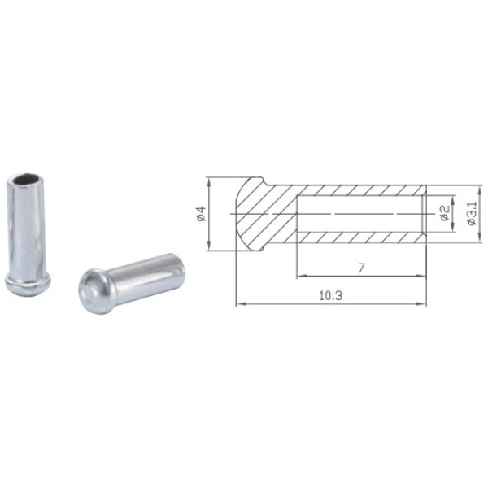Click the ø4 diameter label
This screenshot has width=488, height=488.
pyautogui.click(x=202, y=213)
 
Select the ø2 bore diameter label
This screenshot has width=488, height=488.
pyautogui.click(x=445, y=213)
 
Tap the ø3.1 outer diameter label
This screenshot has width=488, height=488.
pyautogui.click(x=472, y=213)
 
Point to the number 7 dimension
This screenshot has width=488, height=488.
pyautogui.click(x=361, y=268)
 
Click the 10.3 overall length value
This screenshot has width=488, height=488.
pyautogui.click(x=331, y=295)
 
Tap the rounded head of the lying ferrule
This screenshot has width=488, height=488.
pyautogui.click(x=94, y=291)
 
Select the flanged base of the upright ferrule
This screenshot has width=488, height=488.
pyautogui.click(x=28, y=284)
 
